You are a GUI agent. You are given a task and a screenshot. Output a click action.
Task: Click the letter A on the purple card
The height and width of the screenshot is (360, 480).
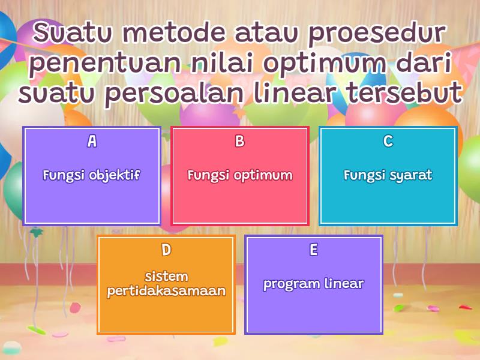pos(92,141)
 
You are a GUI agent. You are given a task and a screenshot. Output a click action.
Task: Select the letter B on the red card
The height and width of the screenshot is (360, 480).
pos(240,141)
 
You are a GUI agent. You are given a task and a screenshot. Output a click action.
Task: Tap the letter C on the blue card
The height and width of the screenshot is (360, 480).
pos(388,141)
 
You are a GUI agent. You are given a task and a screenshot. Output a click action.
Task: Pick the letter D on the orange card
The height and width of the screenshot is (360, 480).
pos(166,250)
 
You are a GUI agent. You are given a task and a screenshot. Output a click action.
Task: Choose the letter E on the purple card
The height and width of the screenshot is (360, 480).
pos(314,250)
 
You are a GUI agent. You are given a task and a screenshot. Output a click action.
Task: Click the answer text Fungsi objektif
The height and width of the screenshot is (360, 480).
pos(92,176)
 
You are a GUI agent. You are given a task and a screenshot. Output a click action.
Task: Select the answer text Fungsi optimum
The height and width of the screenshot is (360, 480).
pos(240,176)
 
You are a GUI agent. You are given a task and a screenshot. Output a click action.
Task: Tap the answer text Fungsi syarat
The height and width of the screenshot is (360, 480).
pos(388,176)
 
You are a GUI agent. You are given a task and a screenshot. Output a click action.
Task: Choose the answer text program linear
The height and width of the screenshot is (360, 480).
pos(314,284)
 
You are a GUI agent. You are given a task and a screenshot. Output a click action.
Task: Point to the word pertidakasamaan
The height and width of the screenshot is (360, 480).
pos(166,292)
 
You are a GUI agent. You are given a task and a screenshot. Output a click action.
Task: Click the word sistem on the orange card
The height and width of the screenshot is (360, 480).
pos(166,277)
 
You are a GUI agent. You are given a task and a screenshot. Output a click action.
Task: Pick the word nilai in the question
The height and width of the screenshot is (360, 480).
pos(224,63)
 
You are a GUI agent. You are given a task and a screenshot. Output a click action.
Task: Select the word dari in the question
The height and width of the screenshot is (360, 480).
pos(426,63)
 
